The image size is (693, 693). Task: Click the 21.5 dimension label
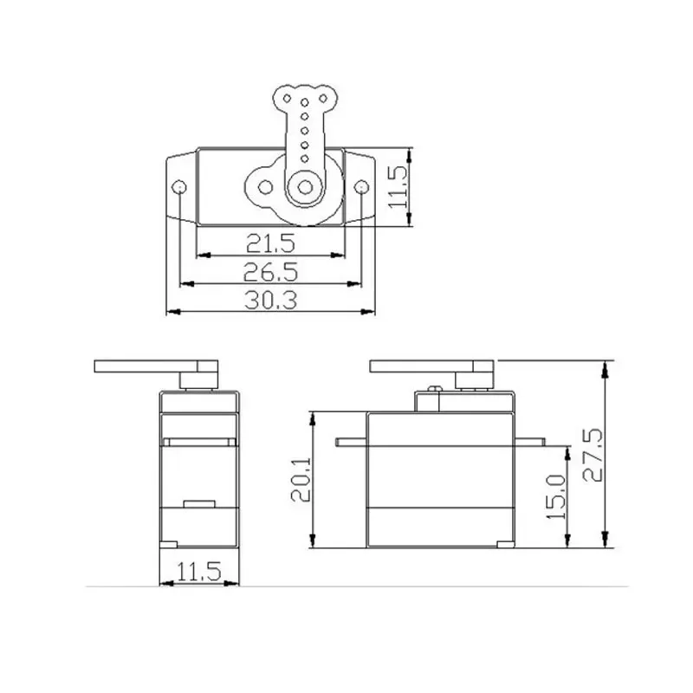271,243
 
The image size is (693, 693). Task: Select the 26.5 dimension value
271,271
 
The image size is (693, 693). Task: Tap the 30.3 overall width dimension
271,300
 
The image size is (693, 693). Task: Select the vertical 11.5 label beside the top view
397,187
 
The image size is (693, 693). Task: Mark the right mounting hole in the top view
362,186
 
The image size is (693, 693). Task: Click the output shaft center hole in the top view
304,186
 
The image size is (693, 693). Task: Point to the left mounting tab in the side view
350,442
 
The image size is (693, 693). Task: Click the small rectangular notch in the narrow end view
198,502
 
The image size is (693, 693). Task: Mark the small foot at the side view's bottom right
502,544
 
